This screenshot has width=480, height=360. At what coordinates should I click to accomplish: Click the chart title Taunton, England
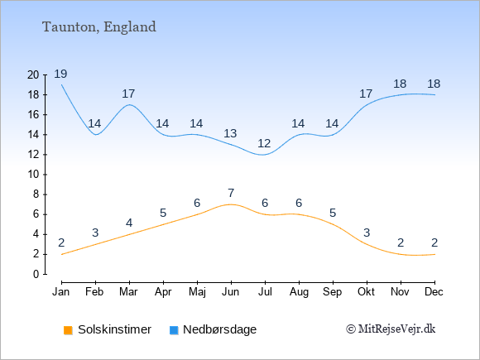(99, 27)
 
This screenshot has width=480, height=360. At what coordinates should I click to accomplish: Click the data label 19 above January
(60, 74)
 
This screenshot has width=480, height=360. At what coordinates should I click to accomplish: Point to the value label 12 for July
(264, 143)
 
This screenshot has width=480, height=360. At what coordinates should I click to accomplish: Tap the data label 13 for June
(230, 133)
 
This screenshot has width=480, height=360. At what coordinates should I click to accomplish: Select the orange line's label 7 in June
(231, 193)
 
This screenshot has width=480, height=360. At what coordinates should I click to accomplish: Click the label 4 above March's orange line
(129, 223)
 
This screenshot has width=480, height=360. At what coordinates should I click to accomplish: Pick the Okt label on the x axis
(366, 292)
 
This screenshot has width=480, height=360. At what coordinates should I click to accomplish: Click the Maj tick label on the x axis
(197, 292)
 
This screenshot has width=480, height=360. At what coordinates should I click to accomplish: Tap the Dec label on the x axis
(434, 292)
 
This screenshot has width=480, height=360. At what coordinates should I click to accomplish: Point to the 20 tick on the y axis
(33, 74)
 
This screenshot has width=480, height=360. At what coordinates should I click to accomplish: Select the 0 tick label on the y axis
(36, 274)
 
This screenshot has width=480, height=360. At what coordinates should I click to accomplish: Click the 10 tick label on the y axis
(33, 175)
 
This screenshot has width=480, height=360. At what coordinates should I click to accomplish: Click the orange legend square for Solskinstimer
(68, 330)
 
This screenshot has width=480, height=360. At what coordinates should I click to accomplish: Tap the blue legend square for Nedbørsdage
(174, 330)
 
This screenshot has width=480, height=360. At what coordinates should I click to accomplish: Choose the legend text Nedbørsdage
(220, 329)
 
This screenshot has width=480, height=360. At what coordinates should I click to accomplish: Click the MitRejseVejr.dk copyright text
(391, 329)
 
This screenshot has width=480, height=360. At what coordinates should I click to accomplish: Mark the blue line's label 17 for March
(128, 94)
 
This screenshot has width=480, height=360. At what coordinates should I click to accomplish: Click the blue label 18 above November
(400, 84)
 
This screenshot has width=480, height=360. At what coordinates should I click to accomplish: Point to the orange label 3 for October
(367, 233)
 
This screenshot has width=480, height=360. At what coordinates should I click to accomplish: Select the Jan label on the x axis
(61, 292)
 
